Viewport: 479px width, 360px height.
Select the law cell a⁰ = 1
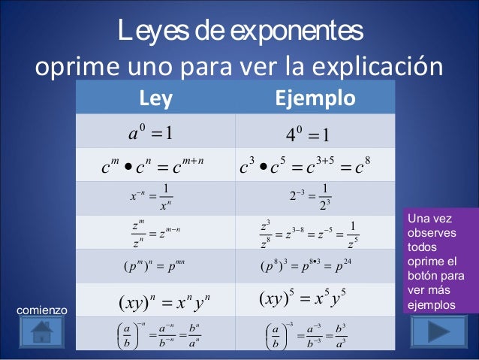coord(152,134)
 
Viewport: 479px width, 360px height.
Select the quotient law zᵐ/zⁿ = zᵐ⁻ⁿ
coord(155,233)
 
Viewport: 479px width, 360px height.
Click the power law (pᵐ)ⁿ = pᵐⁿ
coord(155,267)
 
